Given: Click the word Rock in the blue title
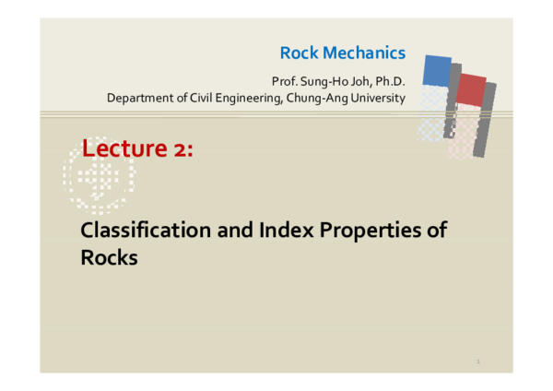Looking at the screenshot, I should (x=299, y=53).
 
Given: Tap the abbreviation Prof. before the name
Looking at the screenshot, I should (x=284, y=82).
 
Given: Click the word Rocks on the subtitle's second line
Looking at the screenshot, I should (x=109, y=257).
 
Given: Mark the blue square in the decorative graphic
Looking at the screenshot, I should (x=437, y=71).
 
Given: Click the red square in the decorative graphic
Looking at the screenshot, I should (x=471, y=89).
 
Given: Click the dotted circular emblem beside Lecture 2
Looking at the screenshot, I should (x=99, y=175).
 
